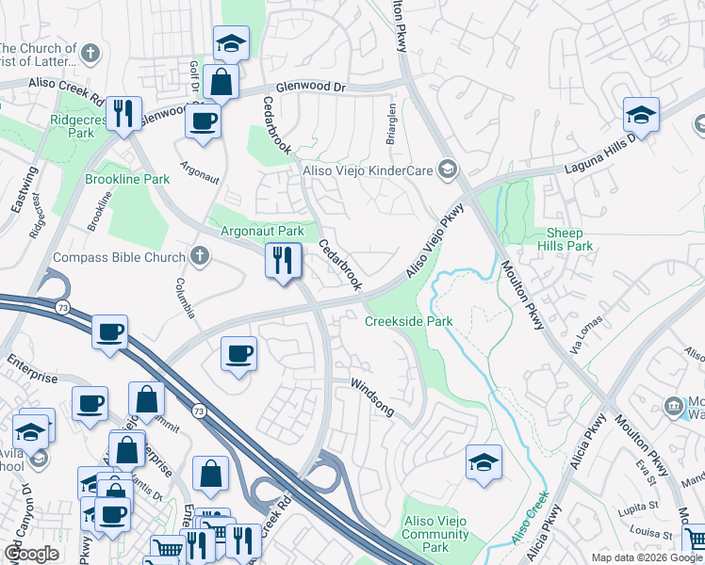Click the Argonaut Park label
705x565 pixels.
pyautogui.click(x=262, y=231)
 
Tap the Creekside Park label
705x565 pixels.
pyautogui.click(x=409, y=321)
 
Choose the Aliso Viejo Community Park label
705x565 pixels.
pyautogui.click(x=435, y=534)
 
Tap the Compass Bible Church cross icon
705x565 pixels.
pyautogui.click(x=199, y=254)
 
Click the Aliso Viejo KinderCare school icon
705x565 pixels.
pyautogui.click(x=449, y=169)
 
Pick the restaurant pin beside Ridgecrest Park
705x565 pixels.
pyautogui.click(x=123, y=113)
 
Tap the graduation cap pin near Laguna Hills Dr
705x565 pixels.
pyautogui.click(x=641, y=115)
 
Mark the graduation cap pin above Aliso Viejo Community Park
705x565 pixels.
pyautogui.click(x=484, y=462)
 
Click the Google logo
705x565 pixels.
pyautogui.click(x=32, y=554)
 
